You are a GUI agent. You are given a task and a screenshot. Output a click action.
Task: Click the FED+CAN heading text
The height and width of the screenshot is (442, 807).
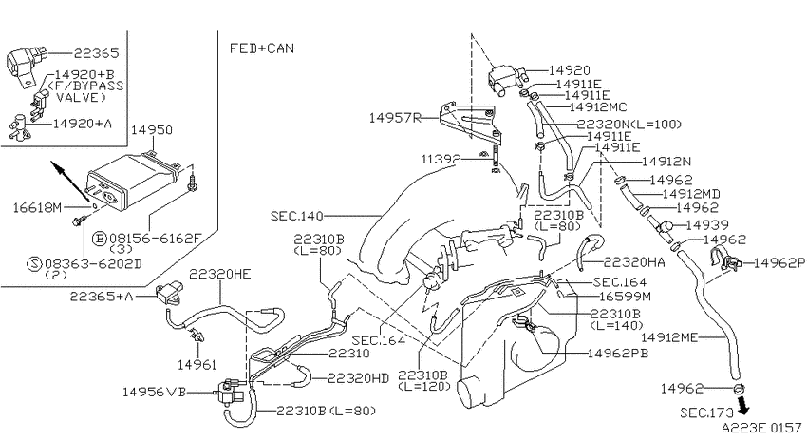(261, 48)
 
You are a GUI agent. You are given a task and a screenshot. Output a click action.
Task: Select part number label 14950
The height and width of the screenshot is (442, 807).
(151, 130)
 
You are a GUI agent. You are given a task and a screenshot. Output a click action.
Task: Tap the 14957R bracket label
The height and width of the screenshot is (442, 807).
(395, 118)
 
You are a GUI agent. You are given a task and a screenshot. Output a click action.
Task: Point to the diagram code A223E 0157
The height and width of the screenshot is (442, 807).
(761, 428)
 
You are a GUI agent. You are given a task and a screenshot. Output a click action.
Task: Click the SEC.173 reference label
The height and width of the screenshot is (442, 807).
(706, 413)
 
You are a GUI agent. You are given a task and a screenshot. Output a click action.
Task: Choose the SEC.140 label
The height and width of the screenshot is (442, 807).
(296, 216)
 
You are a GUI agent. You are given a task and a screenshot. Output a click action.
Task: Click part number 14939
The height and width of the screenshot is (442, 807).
(707, 225)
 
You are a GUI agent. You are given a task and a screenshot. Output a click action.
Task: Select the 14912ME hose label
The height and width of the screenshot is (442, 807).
(669, 337)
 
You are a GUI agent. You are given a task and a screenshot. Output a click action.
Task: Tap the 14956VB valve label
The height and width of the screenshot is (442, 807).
(155, 392)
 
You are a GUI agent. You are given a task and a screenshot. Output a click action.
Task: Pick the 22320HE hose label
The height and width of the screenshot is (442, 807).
(219, 274)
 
